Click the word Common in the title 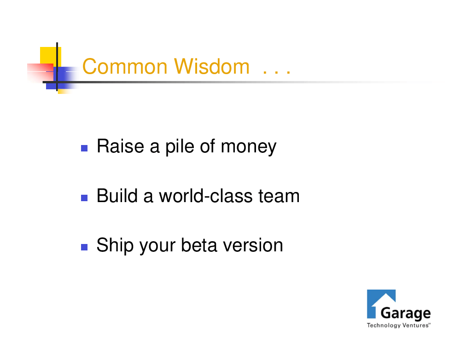click(125, 67)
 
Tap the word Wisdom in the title click(212, 67)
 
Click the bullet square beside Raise click(84, 148)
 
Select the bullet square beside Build click(84, 198)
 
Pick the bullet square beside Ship click(84, 247)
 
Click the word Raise click(120, 146)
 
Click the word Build click(117, 196)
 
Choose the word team click(279, 196)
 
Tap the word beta click(199, 245)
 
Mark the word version click(253, 246)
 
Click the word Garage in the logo click(406, 314)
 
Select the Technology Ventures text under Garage click(398, 325)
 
